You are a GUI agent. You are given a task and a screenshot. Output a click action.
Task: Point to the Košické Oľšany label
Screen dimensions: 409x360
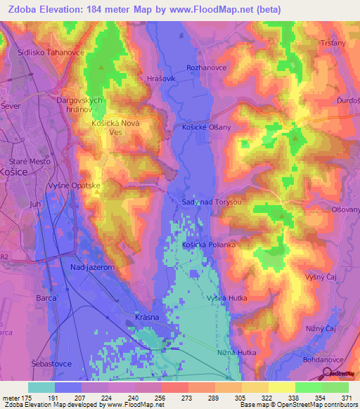pos(202,126)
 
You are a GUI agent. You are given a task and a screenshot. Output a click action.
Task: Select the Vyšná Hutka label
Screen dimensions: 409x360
pos(224,298)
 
